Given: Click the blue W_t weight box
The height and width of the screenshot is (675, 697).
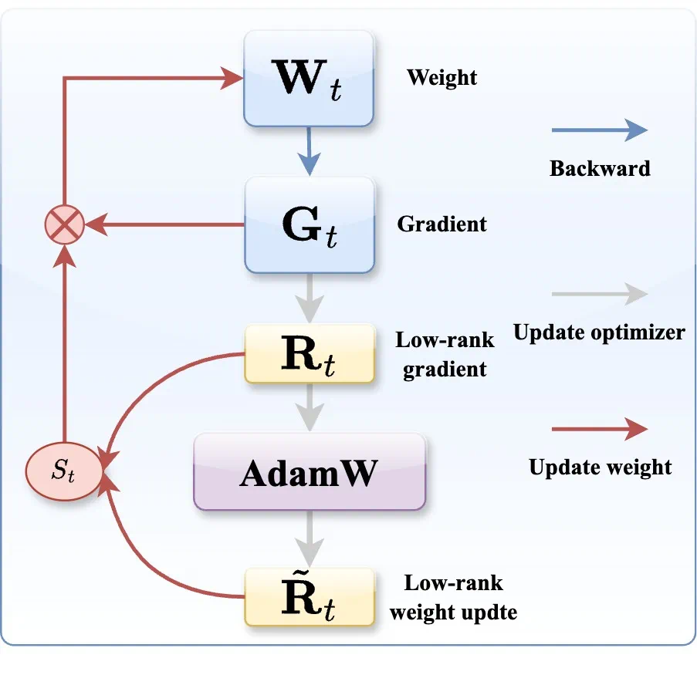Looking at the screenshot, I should (x=309, y=79).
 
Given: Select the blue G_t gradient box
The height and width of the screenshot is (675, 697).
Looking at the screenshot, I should (x=309, y=224).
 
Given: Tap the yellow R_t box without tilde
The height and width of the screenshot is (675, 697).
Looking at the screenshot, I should (x=309, y=354).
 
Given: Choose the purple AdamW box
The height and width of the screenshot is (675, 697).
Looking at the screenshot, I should (x=309, y=471).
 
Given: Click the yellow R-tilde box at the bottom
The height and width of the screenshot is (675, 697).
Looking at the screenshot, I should (x=309, y=596).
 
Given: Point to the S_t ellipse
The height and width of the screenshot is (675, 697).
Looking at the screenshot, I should (x=64, y=471).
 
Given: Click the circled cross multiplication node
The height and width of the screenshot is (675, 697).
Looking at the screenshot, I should (x=64, y=225).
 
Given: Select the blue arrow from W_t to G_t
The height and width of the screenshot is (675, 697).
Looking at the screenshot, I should (x=309, y=151).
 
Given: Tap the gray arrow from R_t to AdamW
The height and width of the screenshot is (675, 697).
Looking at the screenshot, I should (x=309, y=407).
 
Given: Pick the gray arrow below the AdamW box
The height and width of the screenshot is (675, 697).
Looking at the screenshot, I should (x=309, y=538).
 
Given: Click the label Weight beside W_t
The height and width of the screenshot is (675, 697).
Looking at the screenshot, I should (x=442, y=77).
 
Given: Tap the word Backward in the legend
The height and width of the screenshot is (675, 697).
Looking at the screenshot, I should (x=600, y=168).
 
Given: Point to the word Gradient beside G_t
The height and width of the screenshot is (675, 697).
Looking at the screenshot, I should (x=442, y=224).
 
